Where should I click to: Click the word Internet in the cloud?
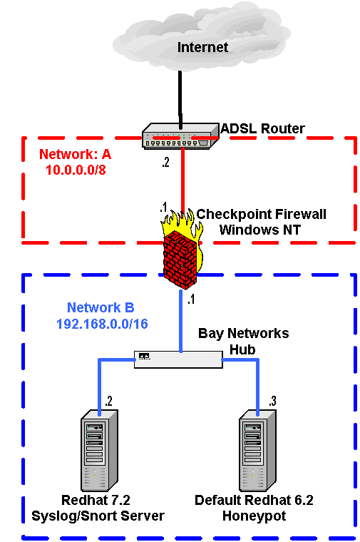(202, 47)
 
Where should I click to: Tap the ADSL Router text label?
(262, 128)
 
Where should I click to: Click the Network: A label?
(75, 154)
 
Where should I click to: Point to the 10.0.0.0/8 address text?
(76, 170)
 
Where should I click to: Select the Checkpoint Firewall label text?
(261, 215)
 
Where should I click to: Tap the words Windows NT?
(259, 230)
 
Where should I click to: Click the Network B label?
(101, 307)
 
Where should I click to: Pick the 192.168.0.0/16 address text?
(102, 324)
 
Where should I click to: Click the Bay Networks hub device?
(178, 359)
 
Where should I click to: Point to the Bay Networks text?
(244, 333)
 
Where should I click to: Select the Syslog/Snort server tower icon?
(100, 450)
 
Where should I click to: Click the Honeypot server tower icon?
(258, 450)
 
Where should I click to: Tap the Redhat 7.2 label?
(96, 500)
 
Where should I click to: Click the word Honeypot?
(254, 516)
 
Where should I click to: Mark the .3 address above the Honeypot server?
(272, 401)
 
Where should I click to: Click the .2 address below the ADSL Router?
(165, 162)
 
